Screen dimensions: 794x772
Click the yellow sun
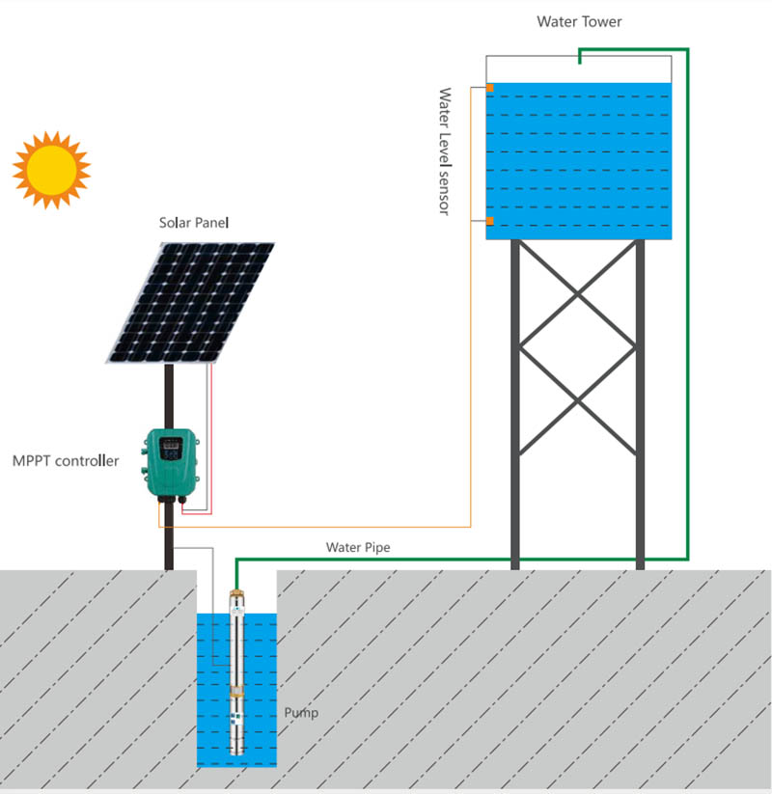pos(50,169)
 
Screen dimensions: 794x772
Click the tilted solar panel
pos(191,302)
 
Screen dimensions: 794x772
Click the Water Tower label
pos(579,21)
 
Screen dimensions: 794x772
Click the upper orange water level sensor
pos(490,89)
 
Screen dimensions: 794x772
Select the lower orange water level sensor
pos(490,222)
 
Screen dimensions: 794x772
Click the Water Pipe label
pos(358,547)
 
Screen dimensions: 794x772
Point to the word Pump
pos(301,713)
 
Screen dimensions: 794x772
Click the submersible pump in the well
pos(235,675)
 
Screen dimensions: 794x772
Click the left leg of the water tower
pos(515,405)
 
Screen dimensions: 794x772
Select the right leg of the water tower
pos(639,405)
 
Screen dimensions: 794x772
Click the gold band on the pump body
pos(235,691)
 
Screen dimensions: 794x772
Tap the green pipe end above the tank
pos(579,57)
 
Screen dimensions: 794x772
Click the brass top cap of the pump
pos(235,588)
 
